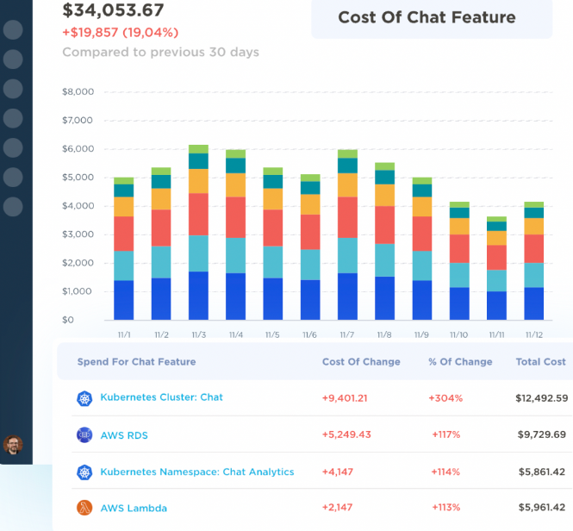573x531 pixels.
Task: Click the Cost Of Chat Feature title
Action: tap(427, 17)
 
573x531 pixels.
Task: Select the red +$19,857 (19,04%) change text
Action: tap(120, 33)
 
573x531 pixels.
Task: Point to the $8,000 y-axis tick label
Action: tap(78, 91)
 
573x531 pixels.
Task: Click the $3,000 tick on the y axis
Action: tap(78, 234)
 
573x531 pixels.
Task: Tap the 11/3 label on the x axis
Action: tap(198, 335)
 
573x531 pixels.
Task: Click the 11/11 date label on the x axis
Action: tap(496, 335)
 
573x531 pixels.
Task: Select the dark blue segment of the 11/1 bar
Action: tap(124, 300)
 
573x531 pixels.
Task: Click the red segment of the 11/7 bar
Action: tap(347, 217)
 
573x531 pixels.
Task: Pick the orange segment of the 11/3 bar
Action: tap(198, 181)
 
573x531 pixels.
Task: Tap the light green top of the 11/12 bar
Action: tap(534, 204)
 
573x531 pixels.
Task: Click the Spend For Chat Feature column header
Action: tap(136, 362)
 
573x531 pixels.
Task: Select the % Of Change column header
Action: tap(460, 362)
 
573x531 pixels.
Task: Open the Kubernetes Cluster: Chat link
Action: tap(161, 397)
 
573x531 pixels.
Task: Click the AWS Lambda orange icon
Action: tap(84, 509)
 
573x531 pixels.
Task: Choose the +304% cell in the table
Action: tap(445, 398)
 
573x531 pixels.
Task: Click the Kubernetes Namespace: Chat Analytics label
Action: tap(197, 472)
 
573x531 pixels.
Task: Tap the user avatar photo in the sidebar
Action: tap(13, 445)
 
